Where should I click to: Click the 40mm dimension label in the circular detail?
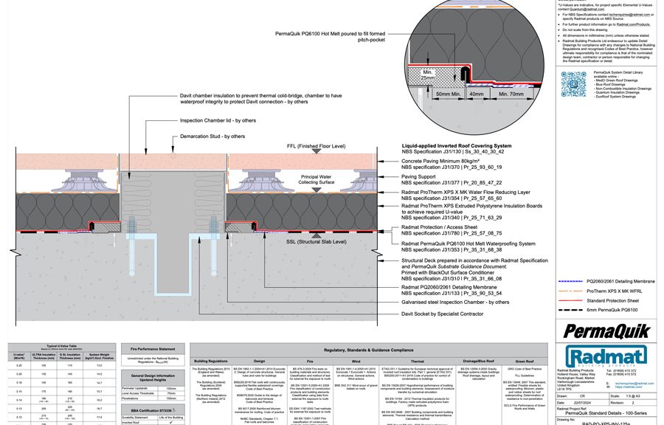pos(477,94)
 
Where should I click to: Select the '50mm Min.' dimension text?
pos(447,94)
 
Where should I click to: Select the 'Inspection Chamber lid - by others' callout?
pos(218,121)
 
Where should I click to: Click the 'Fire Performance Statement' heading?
pos(151,348)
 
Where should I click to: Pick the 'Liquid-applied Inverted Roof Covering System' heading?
pos(466,147)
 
